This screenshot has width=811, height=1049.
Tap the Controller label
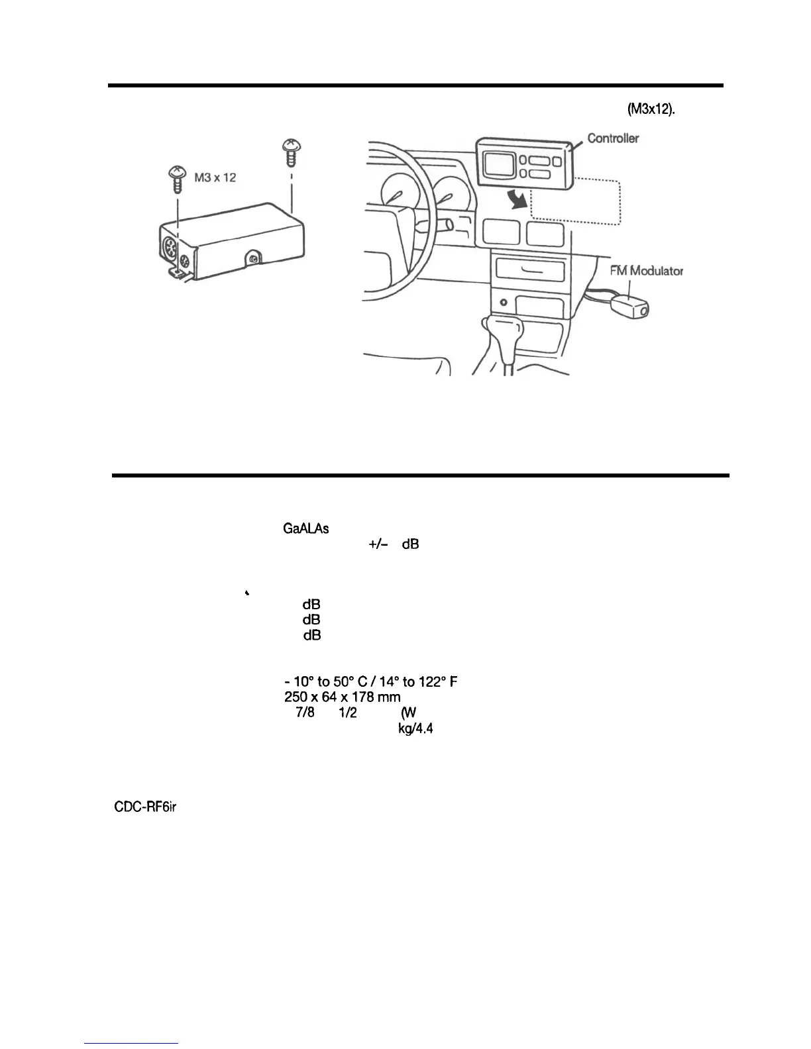(614, 138)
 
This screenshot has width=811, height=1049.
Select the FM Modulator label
(646, 270)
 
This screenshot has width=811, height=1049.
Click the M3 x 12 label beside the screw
(215, 177)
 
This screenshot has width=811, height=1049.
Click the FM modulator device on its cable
(629, 307)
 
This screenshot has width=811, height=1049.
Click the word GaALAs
(306, 528)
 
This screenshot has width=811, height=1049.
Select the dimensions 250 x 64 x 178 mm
(338, 697)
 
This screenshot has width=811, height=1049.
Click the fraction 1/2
(349, 713)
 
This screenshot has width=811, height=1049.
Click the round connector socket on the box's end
(170, 250)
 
